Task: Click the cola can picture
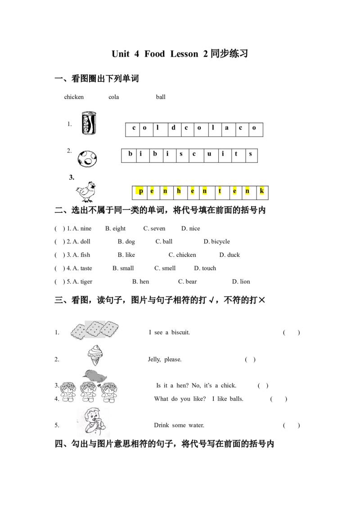(89, 123)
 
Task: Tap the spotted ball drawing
(87, 159)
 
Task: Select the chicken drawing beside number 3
(86, 192)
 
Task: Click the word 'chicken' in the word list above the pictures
(74, 97)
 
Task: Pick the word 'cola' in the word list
(114, 97)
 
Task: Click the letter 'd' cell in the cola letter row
(174, 129)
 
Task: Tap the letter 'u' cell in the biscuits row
(210, 156)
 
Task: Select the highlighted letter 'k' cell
(262, 192)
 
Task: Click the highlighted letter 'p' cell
(140, 192)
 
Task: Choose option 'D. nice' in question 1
(190, 228)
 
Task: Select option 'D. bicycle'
(217, 241)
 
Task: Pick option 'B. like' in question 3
(126, 255)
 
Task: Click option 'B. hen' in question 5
(141, 281)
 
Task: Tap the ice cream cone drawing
(95, 355)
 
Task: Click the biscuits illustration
(94, 330)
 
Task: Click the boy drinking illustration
(93, 421)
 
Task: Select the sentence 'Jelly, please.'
(165, 359)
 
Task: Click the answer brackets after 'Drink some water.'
(292, 425)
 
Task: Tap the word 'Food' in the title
(155, 54)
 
